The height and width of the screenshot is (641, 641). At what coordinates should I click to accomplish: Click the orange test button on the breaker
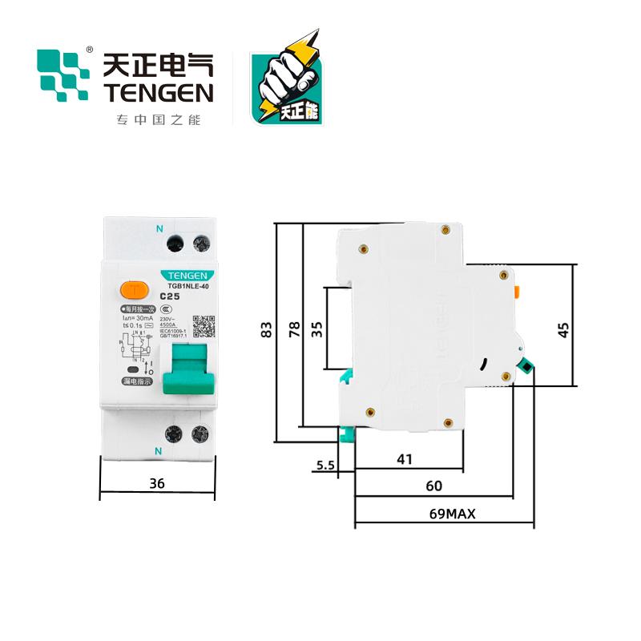(132, 289)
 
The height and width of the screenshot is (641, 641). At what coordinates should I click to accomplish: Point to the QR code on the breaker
(205, 328)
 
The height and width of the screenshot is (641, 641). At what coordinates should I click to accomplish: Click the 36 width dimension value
(157, 482)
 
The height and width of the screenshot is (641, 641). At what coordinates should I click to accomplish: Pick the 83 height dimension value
(266, 330)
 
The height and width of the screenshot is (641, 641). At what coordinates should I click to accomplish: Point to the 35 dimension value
(316, 329)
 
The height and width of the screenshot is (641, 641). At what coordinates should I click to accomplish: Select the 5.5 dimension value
(325, 465)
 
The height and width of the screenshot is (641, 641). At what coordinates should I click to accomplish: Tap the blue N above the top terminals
(159, 228)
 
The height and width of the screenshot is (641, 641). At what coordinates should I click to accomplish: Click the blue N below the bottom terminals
(158, 452)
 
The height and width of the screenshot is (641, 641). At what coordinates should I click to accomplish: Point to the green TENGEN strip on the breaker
(188, 273)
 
